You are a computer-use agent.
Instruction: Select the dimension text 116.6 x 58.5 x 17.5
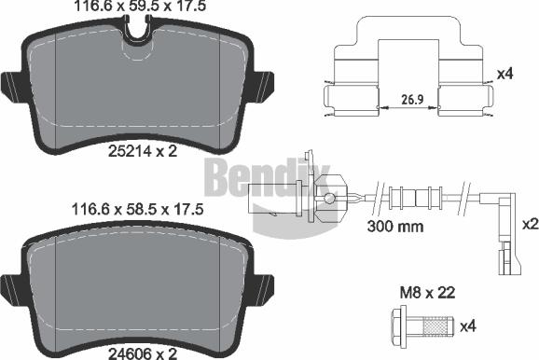(x=137, y=213)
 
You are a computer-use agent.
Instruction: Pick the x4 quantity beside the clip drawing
(x=505, y=74)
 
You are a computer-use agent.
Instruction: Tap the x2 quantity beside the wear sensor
(x=527, y=224)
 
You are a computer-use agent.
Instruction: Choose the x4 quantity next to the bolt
(x=494, y=325)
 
